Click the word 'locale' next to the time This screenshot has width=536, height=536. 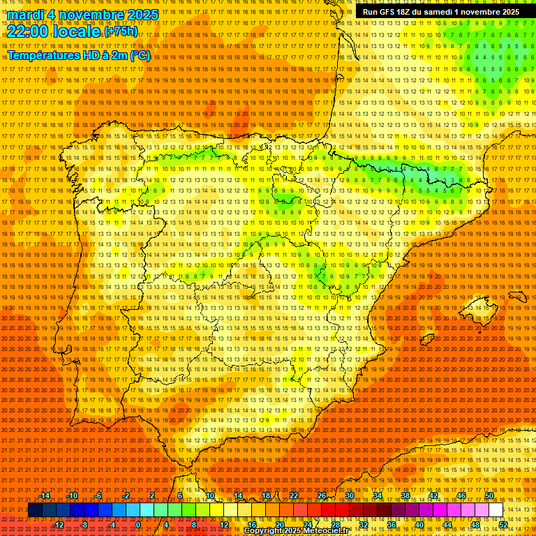[79, 31]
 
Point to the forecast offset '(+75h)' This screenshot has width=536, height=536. [121, 32]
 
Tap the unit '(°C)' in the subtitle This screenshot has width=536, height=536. [140, 55]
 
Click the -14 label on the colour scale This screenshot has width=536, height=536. [46, 496]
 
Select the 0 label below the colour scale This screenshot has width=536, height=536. [138, 525]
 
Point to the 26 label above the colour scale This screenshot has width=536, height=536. [321, 496]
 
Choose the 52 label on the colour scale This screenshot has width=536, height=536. [503, 525]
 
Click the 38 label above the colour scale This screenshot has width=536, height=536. [405, 496]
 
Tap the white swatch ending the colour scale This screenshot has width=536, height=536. [496, 510]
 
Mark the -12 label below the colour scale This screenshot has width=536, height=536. [59, 525]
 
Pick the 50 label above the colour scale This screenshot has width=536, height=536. [489, 496]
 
